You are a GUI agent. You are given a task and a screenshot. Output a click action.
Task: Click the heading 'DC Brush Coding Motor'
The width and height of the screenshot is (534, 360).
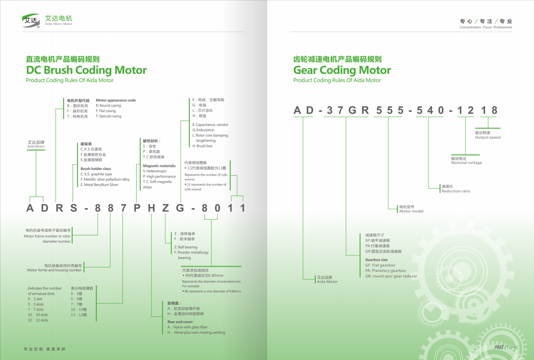coord(86,70)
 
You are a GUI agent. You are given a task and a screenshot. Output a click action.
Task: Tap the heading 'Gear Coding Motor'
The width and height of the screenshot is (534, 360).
coord(342,70)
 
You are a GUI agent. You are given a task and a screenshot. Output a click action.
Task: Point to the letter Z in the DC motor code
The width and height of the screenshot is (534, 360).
coord(165,208)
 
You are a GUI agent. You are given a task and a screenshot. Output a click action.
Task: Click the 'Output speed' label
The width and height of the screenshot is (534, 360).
coord(488,138)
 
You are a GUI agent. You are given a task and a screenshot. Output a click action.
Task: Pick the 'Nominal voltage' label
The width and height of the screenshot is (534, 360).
coord(466,163)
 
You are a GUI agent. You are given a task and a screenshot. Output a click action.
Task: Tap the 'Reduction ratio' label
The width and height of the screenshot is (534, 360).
coord(456,191)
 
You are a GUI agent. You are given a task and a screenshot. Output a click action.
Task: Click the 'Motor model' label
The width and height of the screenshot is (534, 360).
coord(411,211)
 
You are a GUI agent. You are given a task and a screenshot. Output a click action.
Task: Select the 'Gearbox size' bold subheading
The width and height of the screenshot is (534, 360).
coord(376,260)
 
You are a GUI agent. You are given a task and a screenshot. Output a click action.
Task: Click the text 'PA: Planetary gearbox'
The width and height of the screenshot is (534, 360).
coord(385,271)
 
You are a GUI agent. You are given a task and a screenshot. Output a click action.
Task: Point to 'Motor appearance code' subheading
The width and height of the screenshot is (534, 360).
coord(116,101)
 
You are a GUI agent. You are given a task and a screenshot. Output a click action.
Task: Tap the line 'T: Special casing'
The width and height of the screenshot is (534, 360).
coord(108,117)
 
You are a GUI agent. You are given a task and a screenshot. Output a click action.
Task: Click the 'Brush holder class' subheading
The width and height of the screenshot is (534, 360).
coord(96,169)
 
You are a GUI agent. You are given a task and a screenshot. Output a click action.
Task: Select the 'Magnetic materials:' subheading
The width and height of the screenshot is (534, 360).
coord(159,166)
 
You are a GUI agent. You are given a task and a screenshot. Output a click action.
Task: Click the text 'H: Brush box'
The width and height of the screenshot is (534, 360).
coord(203,146)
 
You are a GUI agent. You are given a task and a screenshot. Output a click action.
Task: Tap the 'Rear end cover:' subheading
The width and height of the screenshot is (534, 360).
coord(180,321)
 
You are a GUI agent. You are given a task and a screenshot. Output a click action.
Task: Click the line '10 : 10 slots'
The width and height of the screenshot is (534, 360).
coord(38,315)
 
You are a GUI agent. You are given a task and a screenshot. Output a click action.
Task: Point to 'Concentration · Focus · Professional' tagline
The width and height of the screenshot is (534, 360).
coord(485,27)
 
